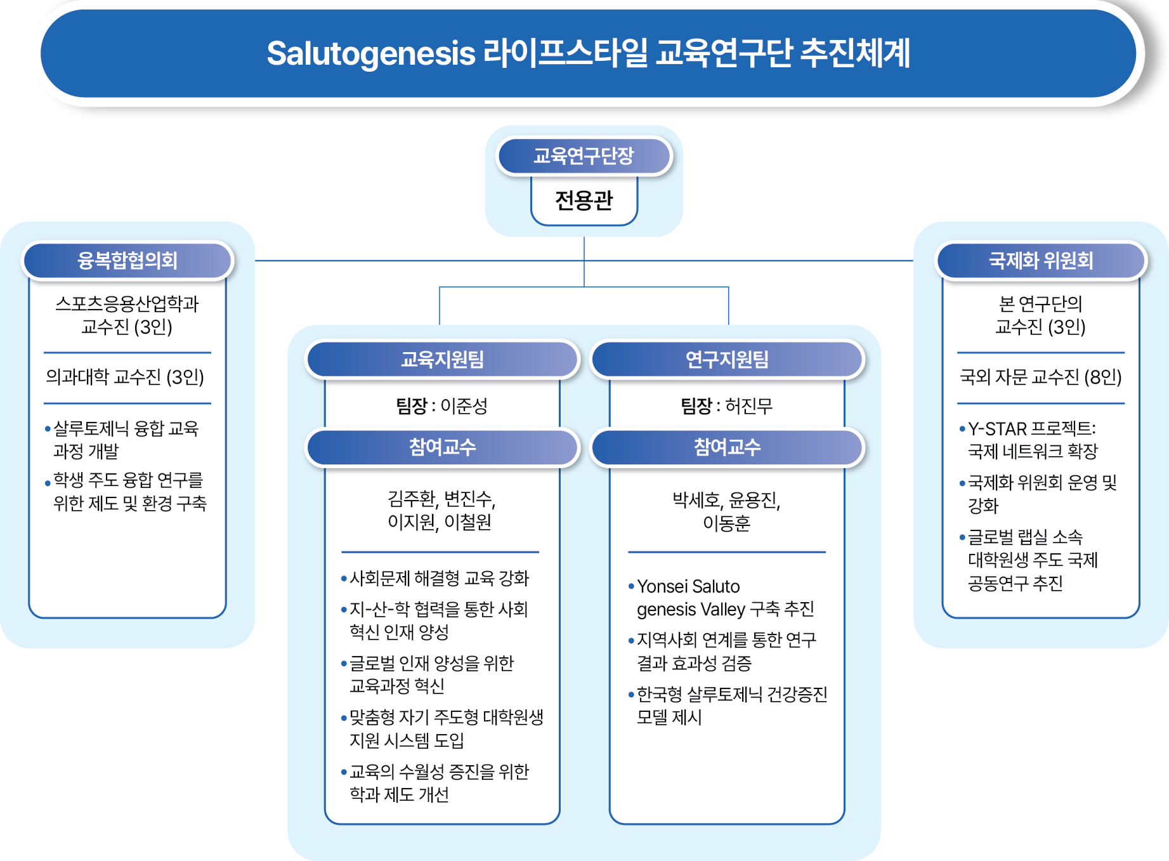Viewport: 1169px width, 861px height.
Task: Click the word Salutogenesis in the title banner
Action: pos(370,53)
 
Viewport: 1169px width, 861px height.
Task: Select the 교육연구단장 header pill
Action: pos(584,156)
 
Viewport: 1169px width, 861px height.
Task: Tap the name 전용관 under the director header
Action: pos(584,201)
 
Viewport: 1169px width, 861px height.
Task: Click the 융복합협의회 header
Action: pos(127,261)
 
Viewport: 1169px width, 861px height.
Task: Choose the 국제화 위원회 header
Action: pos(1041,261)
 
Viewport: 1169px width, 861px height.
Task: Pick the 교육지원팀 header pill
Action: pos(442,360)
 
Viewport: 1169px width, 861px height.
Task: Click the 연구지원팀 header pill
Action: pos(727,360)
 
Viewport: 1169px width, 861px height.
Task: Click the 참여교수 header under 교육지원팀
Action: pos(442,447)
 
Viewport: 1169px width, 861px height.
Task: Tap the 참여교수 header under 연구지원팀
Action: pos(727,447)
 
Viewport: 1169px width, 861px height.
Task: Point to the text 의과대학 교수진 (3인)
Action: pos(125,378)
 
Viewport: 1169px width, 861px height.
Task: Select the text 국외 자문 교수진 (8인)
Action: pos(1040,378)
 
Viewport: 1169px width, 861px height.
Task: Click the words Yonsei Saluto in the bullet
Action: pos(688,586)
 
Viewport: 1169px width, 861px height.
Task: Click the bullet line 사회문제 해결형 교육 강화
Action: pos(439,579)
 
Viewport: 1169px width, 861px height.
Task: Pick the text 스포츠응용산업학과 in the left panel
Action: pos(127,304)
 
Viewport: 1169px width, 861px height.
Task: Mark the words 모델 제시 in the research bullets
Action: pos(669,718)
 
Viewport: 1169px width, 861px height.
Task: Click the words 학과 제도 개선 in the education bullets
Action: pos(399,795)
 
